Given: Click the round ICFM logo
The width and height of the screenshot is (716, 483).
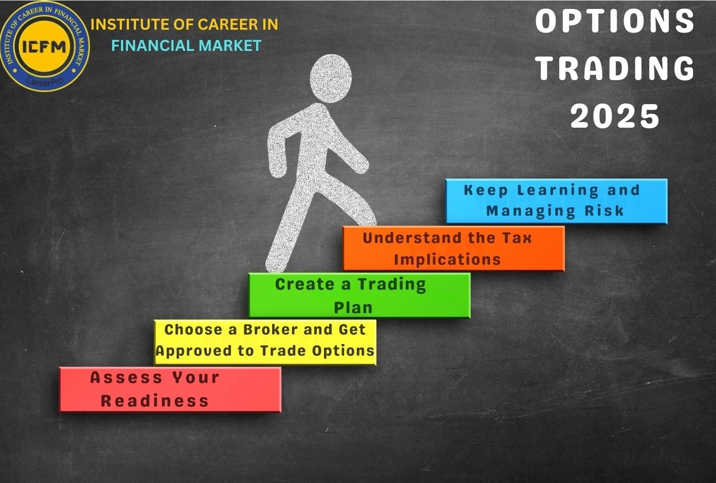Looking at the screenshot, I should pyautogui.click(x=45, y=46).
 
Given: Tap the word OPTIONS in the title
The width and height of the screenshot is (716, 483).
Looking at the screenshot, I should pyautogui.click(x=615, y=21).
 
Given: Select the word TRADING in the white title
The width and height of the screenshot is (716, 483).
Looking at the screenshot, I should pyautogui.click(x=615, y=68).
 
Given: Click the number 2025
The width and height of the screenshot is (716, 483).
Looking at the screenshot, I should pyautogui.click(x=615, y=116).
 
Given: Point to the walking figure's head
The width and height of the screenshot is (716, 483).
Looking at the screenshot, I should pyautogui.click(x=331, y=78).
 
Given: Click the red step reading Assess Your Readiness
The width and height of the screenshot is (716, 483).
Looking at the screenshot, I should pyautogui.click(x=170, y=389).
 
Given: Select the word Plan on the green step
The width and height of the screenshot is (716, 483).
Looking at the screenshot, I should pyautogui.click(x=353, y=308).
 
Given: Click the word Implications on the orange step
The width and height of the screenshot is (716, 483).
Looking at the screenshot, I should pyautogui.click(x=447, y=259).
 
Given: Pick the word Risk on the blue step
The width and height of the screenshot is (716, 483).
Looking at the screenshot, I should pyautogui.click(x=604, y=211).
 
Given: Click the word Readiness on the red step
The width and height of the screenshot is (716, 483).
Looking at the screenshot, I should pyautogui.click(x=154, y=401).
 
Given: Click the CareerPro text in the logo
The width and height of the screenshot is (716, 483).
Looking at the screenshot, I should pyautogui.click(x=45, y=81).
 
